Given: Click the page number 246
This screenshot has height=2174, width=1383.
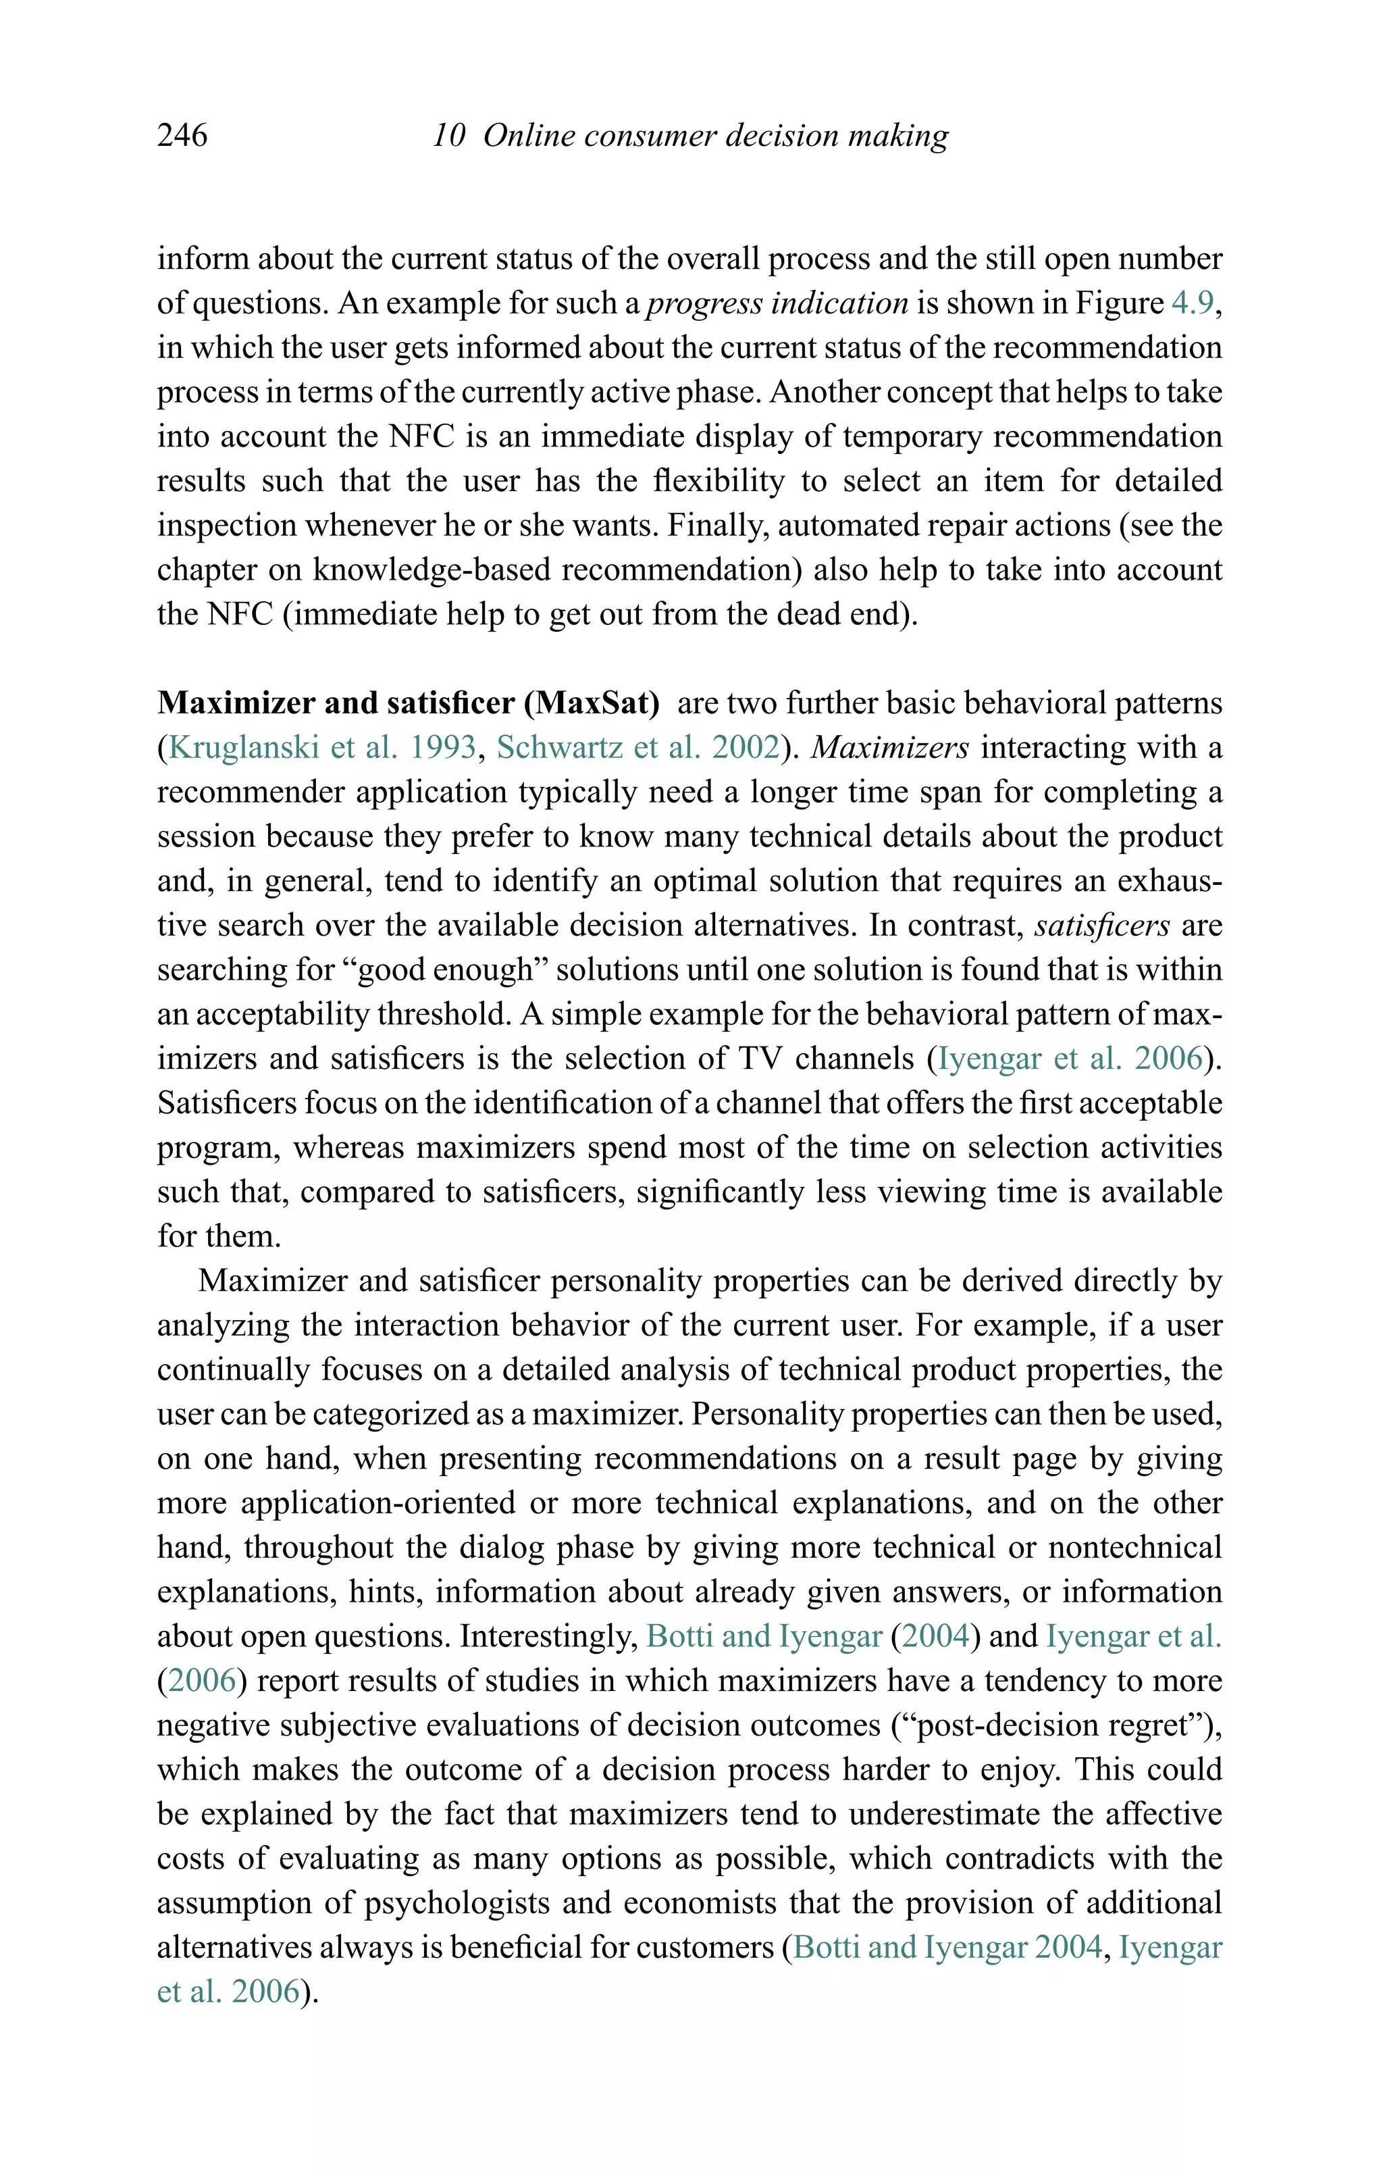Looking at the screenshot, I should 182,135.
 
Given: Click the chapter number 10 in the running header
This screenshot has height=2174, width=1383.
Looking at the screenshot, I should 448,135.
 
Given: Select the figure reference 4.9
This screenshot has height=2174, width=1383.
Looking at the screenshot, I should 1193,303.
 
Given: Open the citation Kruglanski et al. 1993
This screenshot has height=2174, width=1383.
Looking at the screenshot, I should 322,747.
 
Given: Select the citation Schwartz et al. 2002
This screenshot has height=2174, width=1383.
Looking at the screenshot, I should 638,747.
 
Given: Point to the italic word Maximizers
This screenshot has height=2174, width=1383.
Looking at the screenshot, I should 890,747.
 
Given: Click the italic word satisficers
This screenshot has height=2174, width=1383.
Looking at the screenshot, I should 1102,924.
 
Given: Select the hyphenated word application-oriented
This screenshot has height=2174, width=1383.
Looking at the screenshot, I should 378,1502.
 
